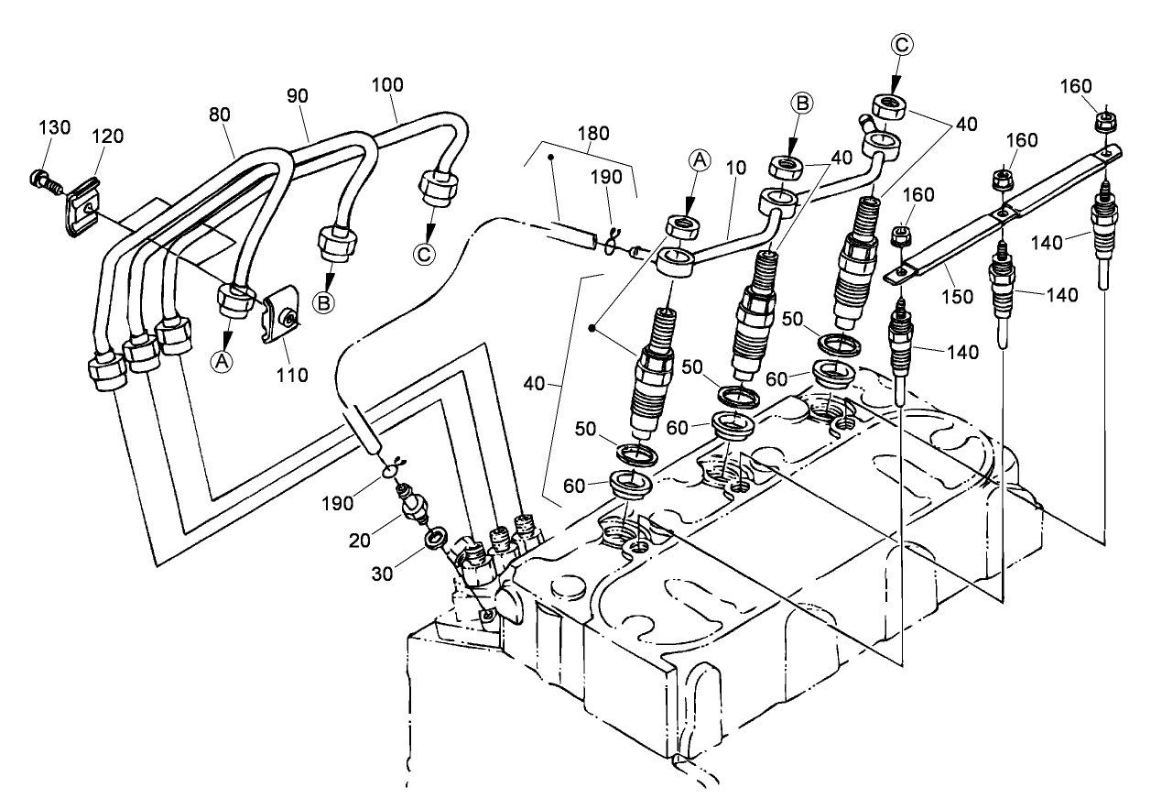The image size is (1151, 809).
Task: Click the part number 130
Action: (54, 127)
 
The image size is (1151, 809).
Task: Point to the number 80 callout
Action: (219, 115)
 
